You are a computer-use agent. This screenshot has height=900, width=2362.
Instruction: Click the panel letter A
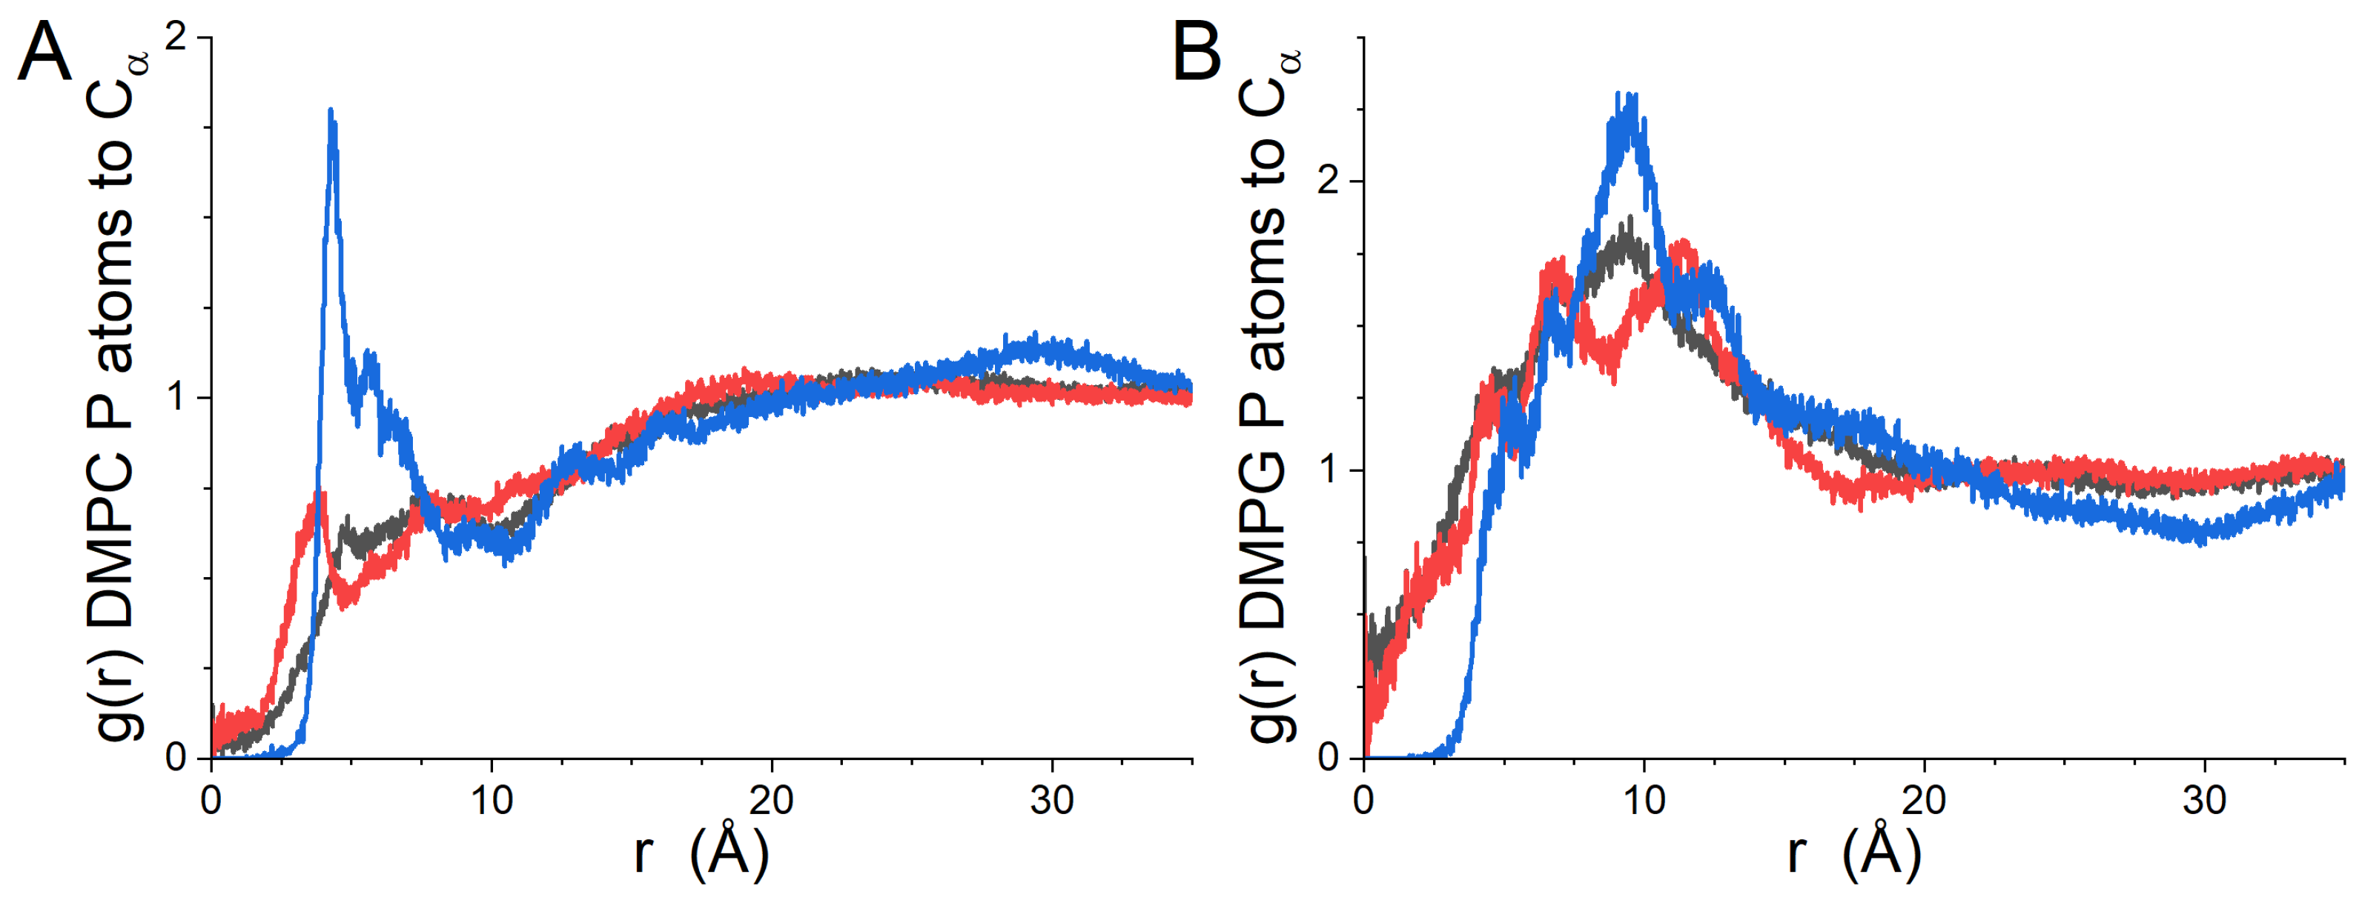tap(44, 53)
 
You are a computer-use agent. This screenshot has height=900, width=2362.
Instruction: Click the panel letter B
tap(1197, 53)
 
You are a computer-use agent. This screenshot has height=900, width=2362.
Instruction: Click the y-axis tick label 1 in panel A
tap(176, 397)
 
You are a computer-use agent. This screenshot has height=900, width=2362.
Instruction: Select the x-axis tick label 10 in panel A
tap(492, 801)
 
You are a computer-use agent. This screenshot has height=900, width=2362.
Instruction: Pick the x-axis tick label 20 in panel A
tap(771, 801)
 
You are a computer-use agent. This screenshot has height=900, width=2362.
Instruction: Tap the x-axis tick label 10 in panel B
tap(1644, 801)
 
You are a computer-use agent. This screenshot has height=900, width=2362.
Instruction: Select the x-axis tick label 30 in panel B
tap(2203, 801)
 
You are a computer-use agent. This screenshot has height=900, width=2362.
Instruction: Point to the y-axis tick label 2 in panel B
tap(1329, 181)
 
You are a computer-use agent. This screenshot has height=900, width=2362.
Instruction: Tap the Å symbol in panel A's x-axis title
tap(730, 850)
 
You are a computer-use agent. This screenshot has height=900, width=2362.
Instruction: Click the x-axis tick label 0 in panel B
tap(1363, 801)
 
